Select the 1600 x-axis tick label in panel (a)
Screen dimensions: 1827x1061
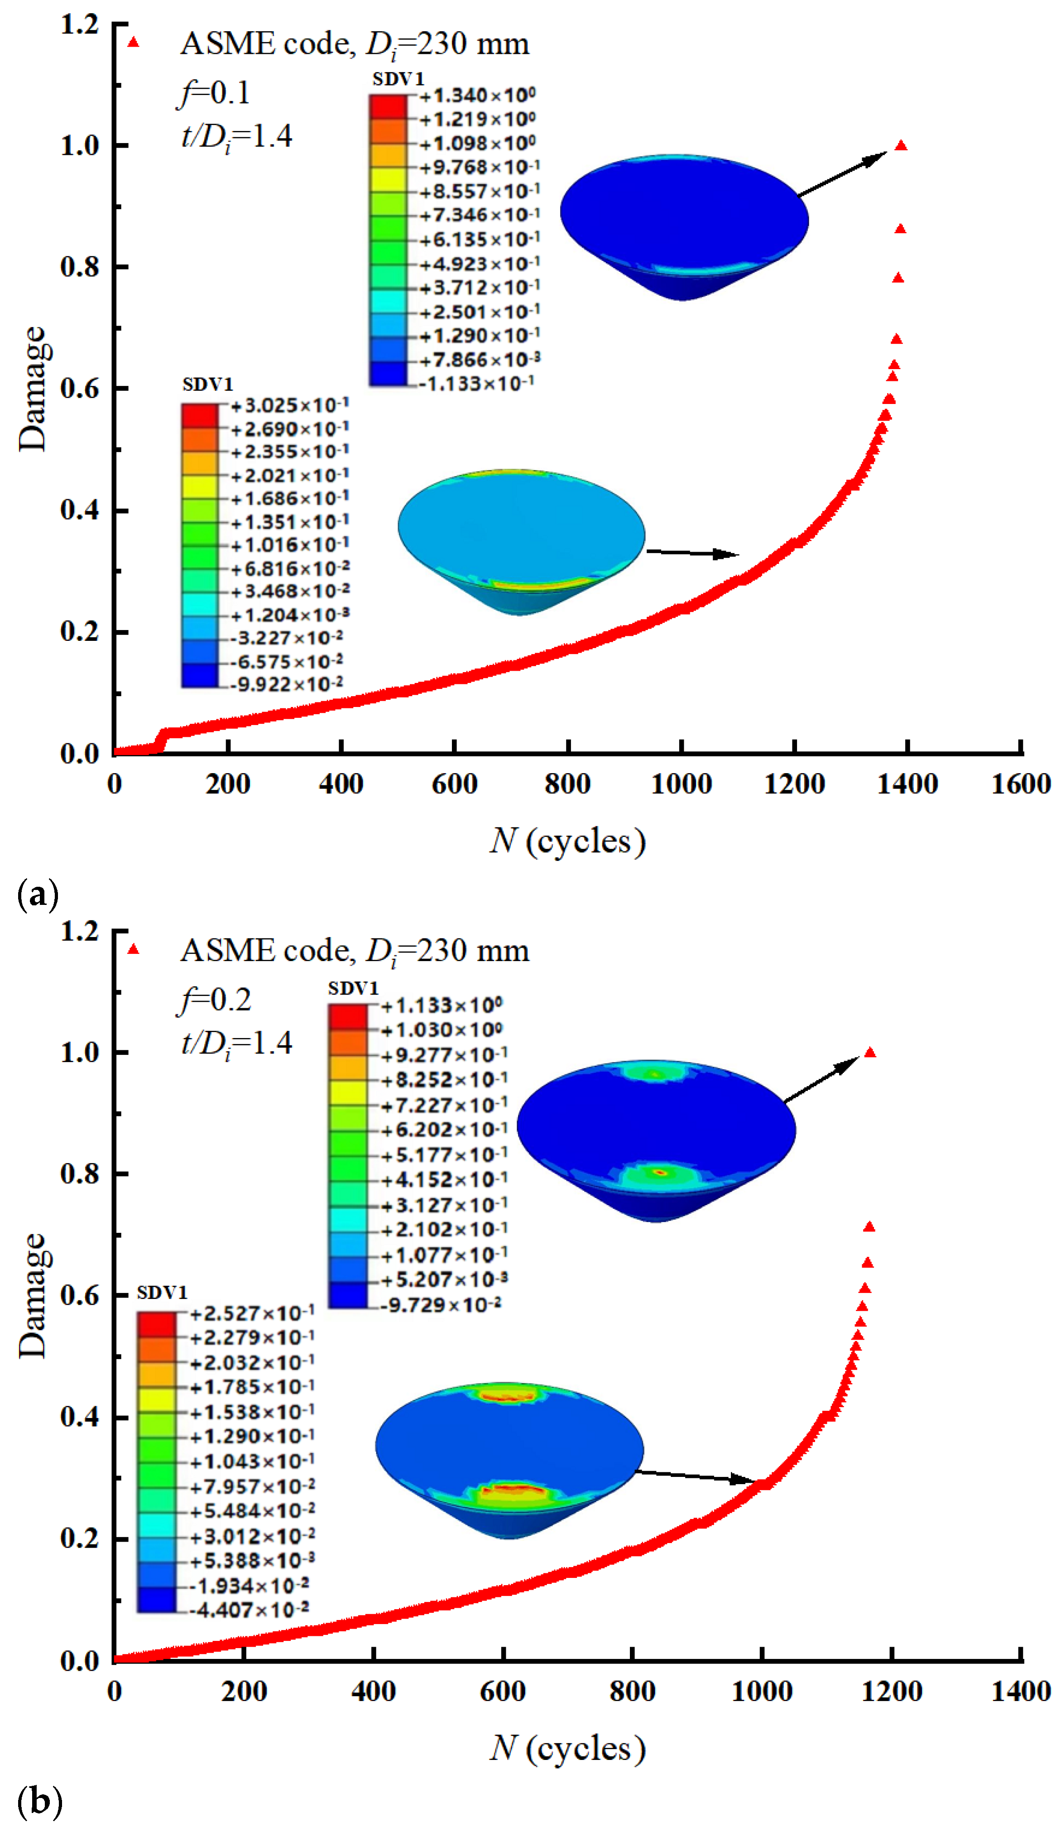coord(1020,784)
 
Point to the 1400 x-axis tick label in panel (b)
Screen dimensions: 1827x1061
coord(1020,1692)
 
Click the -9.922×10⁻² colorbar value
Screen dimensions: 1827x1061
coord(287,684)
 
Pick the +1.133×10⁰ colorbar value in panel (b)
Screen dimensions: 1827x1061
coord(442,1005)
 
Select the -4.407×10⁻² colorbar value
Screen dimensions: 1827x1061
coord(250,1610)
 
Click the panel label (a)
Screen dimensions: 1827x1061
coord(37,894)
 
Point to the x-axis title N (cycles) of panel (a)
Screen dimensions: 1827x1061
coord(567,841)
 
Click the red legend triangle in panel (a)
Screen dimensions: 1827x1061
coord(133,42)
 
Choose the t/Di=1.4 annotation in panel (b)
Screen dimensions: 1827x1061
coord(236,1044)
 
